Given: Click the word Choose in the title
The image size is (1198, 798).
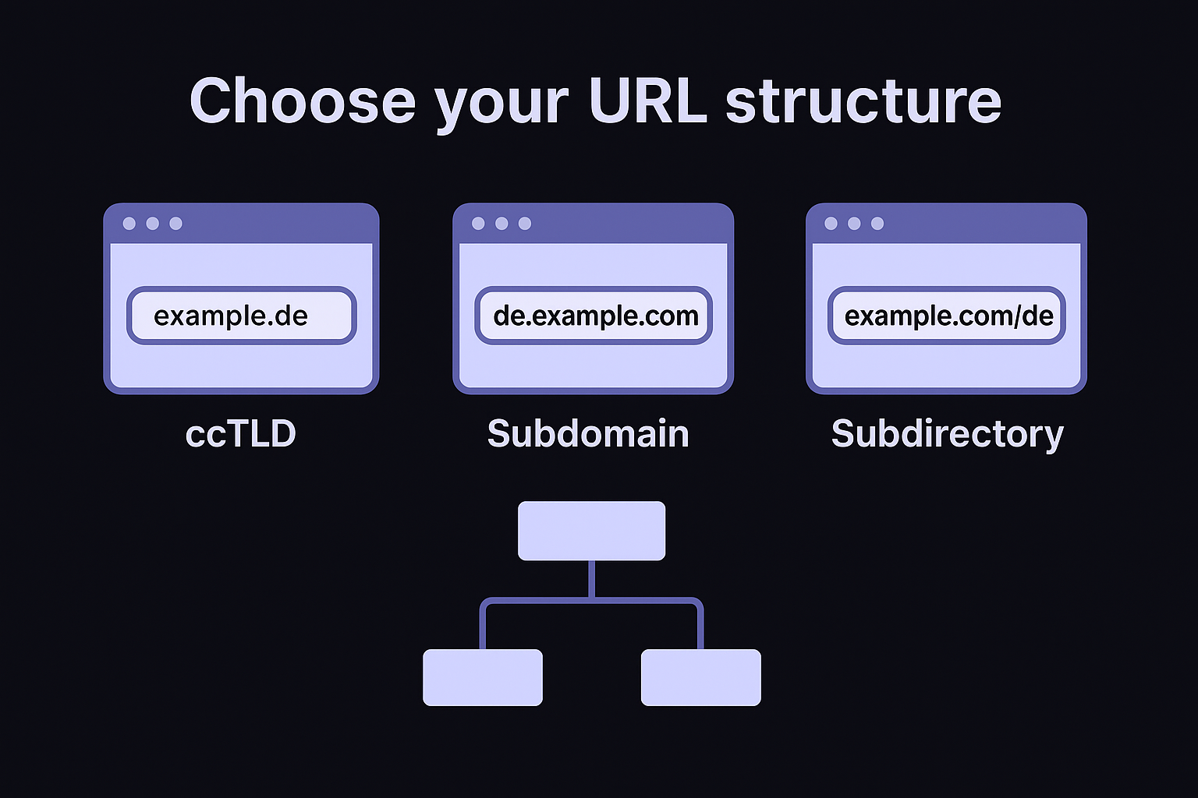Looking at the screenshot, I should click(303, 101).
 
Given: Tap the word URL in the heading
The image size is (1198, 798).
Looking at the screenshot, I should click(647, 101).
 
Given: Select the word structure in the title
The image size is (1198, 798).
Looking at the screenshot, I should click(863, 101).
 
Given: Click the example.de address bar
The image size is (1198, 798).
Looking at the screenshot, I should click(241, 316).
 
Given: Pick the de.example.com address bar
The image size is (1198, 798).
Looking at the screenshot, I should click(594, 316).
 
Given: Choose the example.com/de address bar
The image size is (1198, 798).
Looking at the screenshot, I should click(947, 316).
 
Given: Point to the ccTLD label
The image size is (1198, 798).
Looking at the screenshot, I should click(241, 433).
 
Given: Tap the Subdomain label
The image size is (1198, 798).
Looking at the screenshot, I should click(588, 433).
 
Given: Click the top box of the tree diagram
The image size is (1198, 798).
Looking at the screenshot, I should click(591, 531).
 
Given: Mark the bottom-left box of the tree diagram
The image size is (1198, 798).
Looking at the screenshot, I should click(482, 677).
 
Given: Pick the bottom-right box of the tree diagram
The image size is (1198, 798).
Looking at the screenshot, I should click(700, 677).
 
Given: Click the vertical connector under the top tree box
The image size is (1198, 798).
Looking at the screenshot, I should click(591, 578).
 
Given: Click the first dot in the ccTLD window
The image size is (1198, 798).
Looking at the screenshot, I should click(129, 224).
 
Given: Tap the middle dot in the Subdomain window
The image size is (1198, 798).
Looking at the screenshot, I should click(502, 224).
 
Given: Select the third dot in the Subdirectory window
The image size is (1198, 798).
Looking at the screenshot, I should click(877, 224).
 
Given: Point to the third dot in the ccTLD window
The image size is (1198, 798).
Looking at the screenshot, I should click(175, 224).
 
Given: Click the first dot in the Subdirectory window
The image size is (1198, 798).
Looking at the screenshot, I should click(831, 224).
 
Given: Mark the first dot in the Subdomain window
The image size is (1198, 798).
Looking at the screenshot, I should click(478, 224).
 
